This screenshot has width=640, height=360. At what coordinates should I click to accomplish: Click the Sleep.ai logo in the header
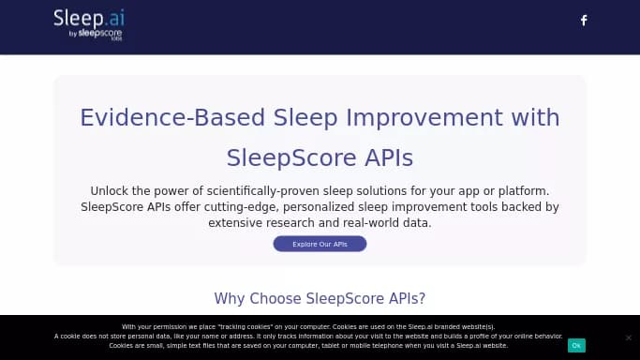88,18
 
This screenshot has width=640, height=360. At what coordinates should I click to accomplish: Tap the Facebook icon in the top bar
584,21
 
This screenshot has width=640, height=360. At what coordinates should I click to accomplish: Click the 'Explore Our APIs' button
320,244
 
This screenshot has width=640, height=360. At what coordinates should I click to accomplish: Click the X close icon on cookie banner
628,337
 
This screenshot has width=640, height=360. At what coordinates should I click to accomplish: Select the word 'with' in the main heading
535,118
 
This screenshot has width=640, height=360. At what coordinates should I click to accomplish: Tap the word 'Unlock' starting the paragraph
110,190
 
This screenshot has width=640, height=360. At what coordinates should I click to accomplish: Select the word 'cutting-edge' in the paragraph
237,206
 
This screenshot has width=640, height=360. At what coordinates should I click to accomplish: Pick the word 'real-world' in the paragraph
367,223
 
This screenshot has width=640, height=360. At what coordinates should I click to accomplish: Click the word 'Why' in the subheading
230,299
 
